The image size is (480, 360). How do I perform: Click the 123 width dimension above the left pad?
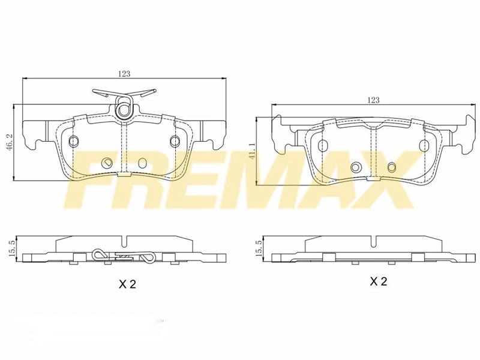tap(124, 74)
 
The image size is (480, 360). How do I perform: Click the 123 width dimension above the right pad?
tap(373, 100)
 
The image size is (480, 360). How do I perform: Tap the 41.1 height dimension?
tap(252, 152)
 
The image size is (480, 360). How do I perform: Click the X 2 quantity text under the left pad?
tap(127, 284)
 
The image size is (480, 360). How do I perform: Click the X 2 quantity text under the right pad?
tap(379, 281)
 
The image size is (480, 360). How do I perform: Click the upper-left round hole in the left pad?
tap(74, 140)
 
